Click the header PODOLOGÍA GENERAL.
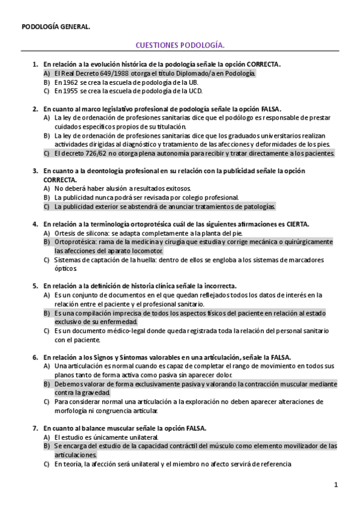pyautogui.click(x=56, y=26)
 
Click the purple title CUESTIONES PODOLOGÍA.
pyautogui.click(x=180, y=45)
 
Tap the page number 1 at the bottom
pyautogui.click(x=337, y=484)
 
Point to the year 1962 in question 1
pyautogui.click(x=71, y=82)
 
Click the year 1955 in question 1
pyautogui.click(x=71, y=91)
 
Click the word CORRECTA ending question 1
pyautogui.click(x=263, y=64)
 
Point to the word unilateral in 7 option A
pyautogui.click(x=142, y=437)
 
